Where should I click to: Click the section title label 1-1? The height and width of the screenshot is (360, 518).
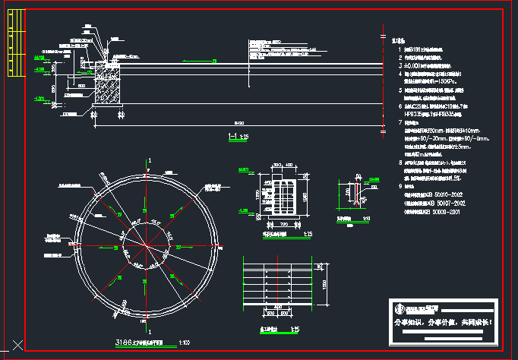(235, 136)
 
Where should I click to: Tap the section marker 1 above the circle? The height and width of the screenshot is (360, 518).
(150, 160)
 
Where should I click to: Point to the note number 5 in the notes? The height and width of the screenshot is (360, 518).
(400, 90)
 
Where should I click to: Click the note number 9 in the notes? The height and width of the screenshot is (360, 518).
(400, 185)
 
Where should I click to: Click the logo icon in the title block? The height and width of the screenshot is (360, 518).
(398, 308)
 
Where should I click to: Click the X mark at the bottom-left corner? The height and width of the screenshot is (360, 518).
(18, 346)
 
